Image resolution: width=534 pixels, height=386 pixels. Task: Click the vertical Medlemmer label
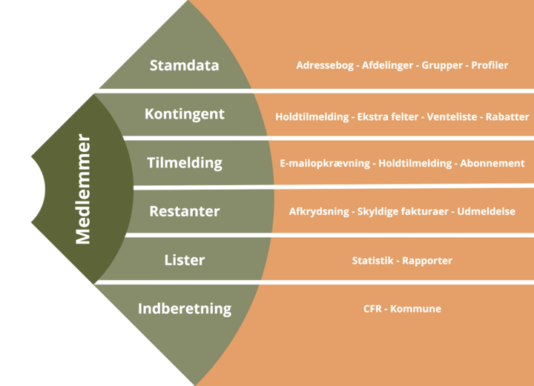tap(83, 189)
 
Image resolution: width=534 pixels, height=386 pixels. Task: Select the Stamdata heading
tap(184, 65)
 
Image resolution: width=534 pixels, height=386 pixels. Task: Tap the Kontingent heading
tap(184, 114)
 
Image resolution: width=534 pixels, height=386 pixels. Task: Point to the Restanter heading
tap(184, 211)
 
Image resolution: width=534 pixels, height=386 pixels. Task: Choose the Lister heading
tap(184, 260)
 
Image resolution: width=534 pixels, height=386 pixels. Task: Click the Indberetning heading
tap(184, 308)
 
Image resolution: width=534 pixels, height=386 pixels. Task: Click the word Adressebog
tap(326, 65)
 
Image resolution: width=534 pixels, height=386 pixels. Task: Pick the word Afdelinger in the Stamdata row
tap(388, 65)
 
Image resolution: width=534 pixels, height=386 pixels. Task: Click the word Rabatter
tap(507, 117)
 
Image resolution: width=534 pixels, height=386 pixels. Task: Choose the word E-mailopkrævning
tap(325, 163)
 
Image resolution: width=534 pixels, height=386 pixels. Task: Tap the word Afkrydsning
tap(318, 212)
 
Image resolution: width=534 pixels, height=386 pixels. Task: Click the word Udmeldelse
tap(487, 212)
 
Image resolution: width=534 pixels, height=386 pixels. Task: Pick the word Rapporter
tap(427, 261)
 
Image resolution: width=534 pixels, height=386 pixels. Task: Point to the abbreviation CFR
tap(373, 309)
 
